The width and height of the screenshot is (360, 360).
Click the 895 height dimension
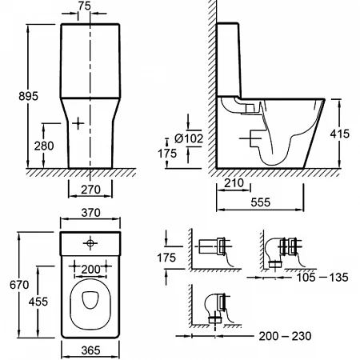(28, 96)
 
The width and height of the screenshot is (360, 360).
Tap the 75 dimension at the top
(85, 6)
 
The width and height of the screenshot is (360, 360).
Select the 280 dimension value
(44, 146)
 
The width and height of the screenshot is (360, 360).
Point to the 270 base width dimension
(90, 190)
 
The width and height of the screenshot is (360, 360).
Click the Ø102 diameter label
(189, 138)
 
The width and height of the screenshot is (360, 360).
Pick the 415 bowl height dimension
(340, 134)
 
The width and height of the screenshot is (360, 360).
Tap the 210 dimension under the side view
(234, 183)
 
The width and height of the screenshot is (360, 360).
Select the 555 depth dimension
(261, 202)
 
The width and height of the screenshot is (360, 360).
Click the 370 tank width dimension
(90, 213)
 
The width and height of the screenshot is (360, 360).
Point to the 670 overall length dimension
(19, 285)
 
